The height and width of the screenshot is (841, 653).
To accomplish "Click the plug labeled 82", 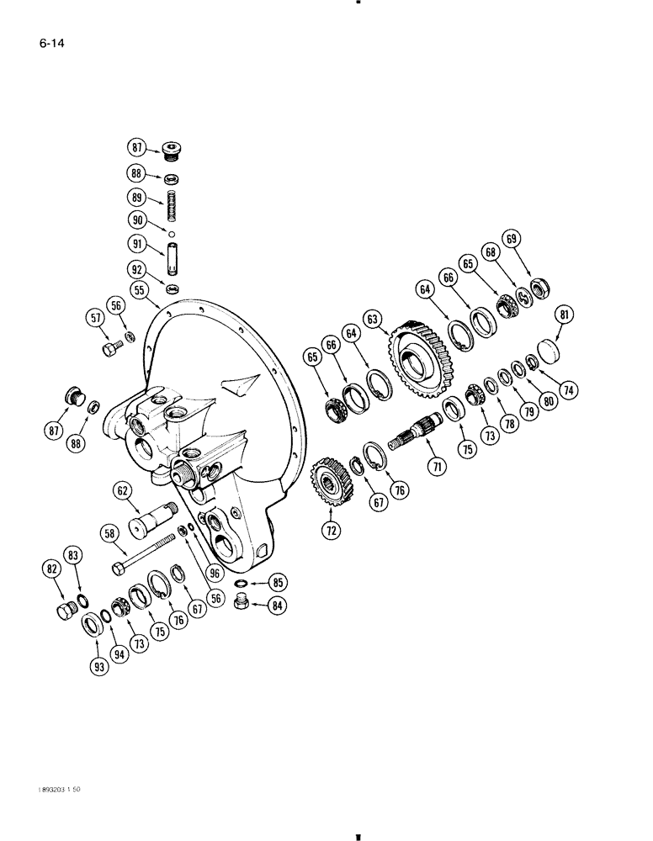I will [65, 612].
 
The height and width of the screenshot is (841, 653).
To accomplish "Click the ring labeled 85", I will [241, 584].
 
